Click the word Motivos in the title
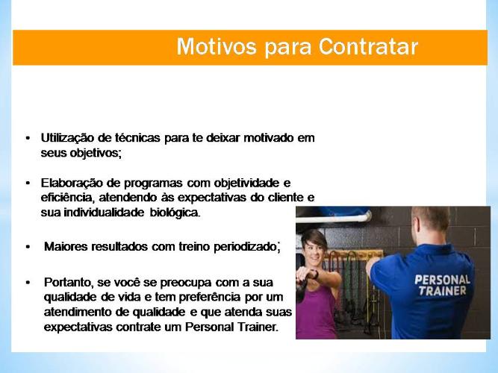(217, 47)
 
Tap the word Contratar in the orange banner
(368, 47)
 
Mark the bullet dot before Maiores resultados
(28, 247)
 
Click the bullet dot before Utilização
(28, 138)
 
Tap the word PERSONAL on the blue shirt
(442, 280)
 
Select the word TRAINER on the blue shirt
(442, 291)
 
